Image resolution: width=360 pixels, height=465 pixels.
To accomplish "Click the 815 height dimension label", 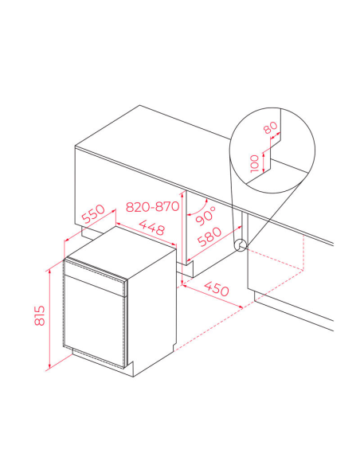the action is pyautogui.click(x=40, y=315).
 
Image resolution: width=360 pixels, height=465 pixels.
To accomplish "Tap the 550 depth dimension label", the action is pyautogui.click(x=93, y=213).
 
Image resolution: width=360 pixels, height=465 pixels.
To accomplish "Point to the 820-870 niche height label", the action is pyautogui.click(x=152, y=206).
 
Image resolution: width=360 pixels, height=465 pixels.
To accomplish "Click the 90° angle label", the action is pyautogui.click(x=205, y=217).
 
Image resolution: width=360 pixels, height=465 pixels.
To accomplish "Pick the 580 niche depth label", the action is pyautogui.click(x=209, y=236).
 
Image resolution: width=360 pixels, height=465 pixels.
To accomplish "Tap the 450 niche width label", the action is pyautogui.click(x=217, y=288).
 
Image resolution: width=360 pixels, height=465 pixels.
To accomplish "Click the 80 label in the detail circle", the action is pyautogui.click(x=271, y=127).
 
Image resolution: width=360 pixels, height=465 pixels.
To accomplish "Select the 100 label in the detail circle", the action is pyautogui.click(x=254, y=163).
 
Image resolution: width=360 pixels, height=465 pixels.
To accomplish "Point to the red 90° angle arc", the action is pyautogui.click(x=199, y=209).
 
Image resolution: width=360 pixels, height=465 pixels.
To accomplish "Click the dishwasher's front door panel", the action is pyautogui.click(x=94, y=321).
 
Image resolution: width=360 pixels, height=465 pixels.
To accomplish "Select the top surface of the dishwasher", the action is pyautogui.click(x=121, y=252).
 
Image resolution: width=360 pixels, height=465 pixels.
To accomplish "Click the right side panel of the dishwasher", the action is pyautogui.click(x=152, y=311).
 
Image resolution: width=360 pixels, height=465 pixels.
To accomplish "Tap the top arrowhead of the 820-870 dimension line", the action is pyautogui.click(x=182, y=195).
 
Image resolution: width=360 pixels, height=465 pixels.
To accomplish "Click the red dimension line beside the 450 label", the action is pyautogui.click(x=213, y=296).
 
